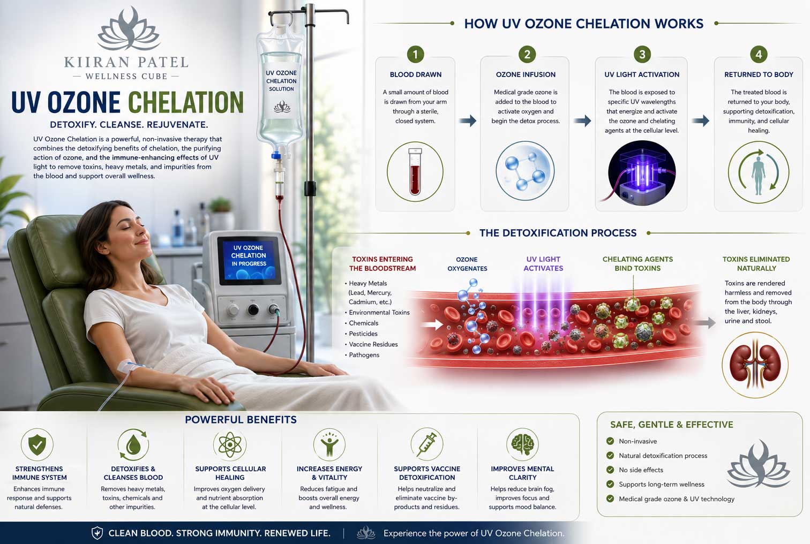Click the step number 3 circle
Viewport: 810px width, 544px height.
642,54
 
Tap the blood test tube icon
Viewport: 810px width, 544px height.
415,171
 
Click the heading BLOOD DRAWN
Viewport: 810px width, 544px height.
416,74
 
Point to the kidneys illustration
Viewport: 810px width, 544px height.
755,365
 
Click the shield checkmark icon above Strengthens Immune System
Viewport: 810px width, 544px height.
37,444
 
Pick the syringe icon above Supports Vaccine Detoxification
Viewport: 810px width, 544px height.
426,444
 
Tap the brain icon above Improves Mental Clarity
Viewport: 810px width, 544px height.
522,444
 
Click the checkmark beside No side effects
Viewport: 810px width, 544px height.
610,470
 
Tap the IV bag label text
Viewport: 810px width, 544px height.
281,81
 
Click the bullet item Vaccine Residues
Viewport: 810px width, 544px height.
373,344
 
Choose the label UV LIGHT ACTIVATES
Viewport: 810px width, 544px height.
543,263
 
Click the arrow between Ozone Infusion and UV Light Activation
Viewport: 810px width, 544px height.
582,120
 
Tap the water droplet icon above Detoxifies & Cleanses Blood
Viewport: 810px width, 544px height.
133,445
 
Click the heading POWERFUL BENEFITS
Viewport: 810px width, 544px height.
241,420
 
